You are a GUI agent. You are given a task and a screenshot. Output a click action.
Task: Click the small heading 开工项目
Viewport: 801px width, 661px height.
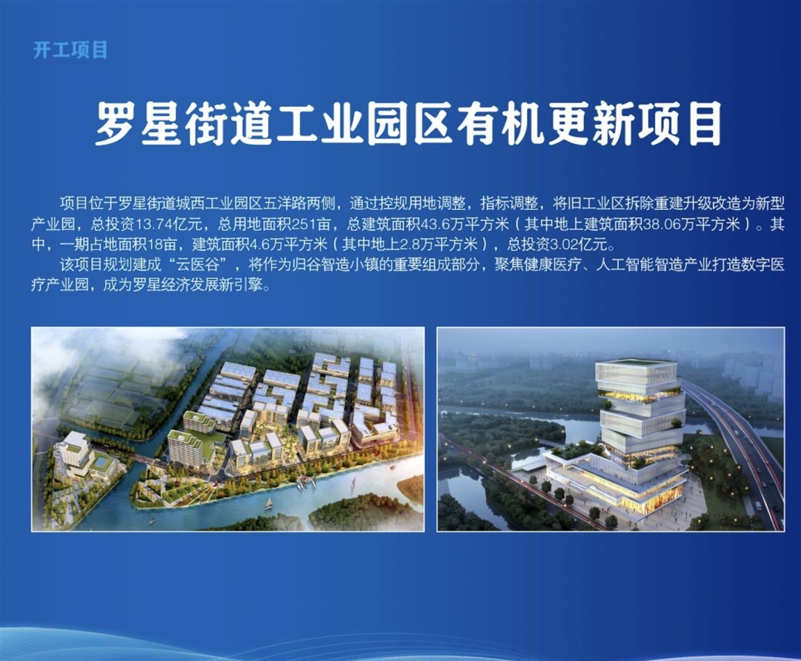coord(70,51)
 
